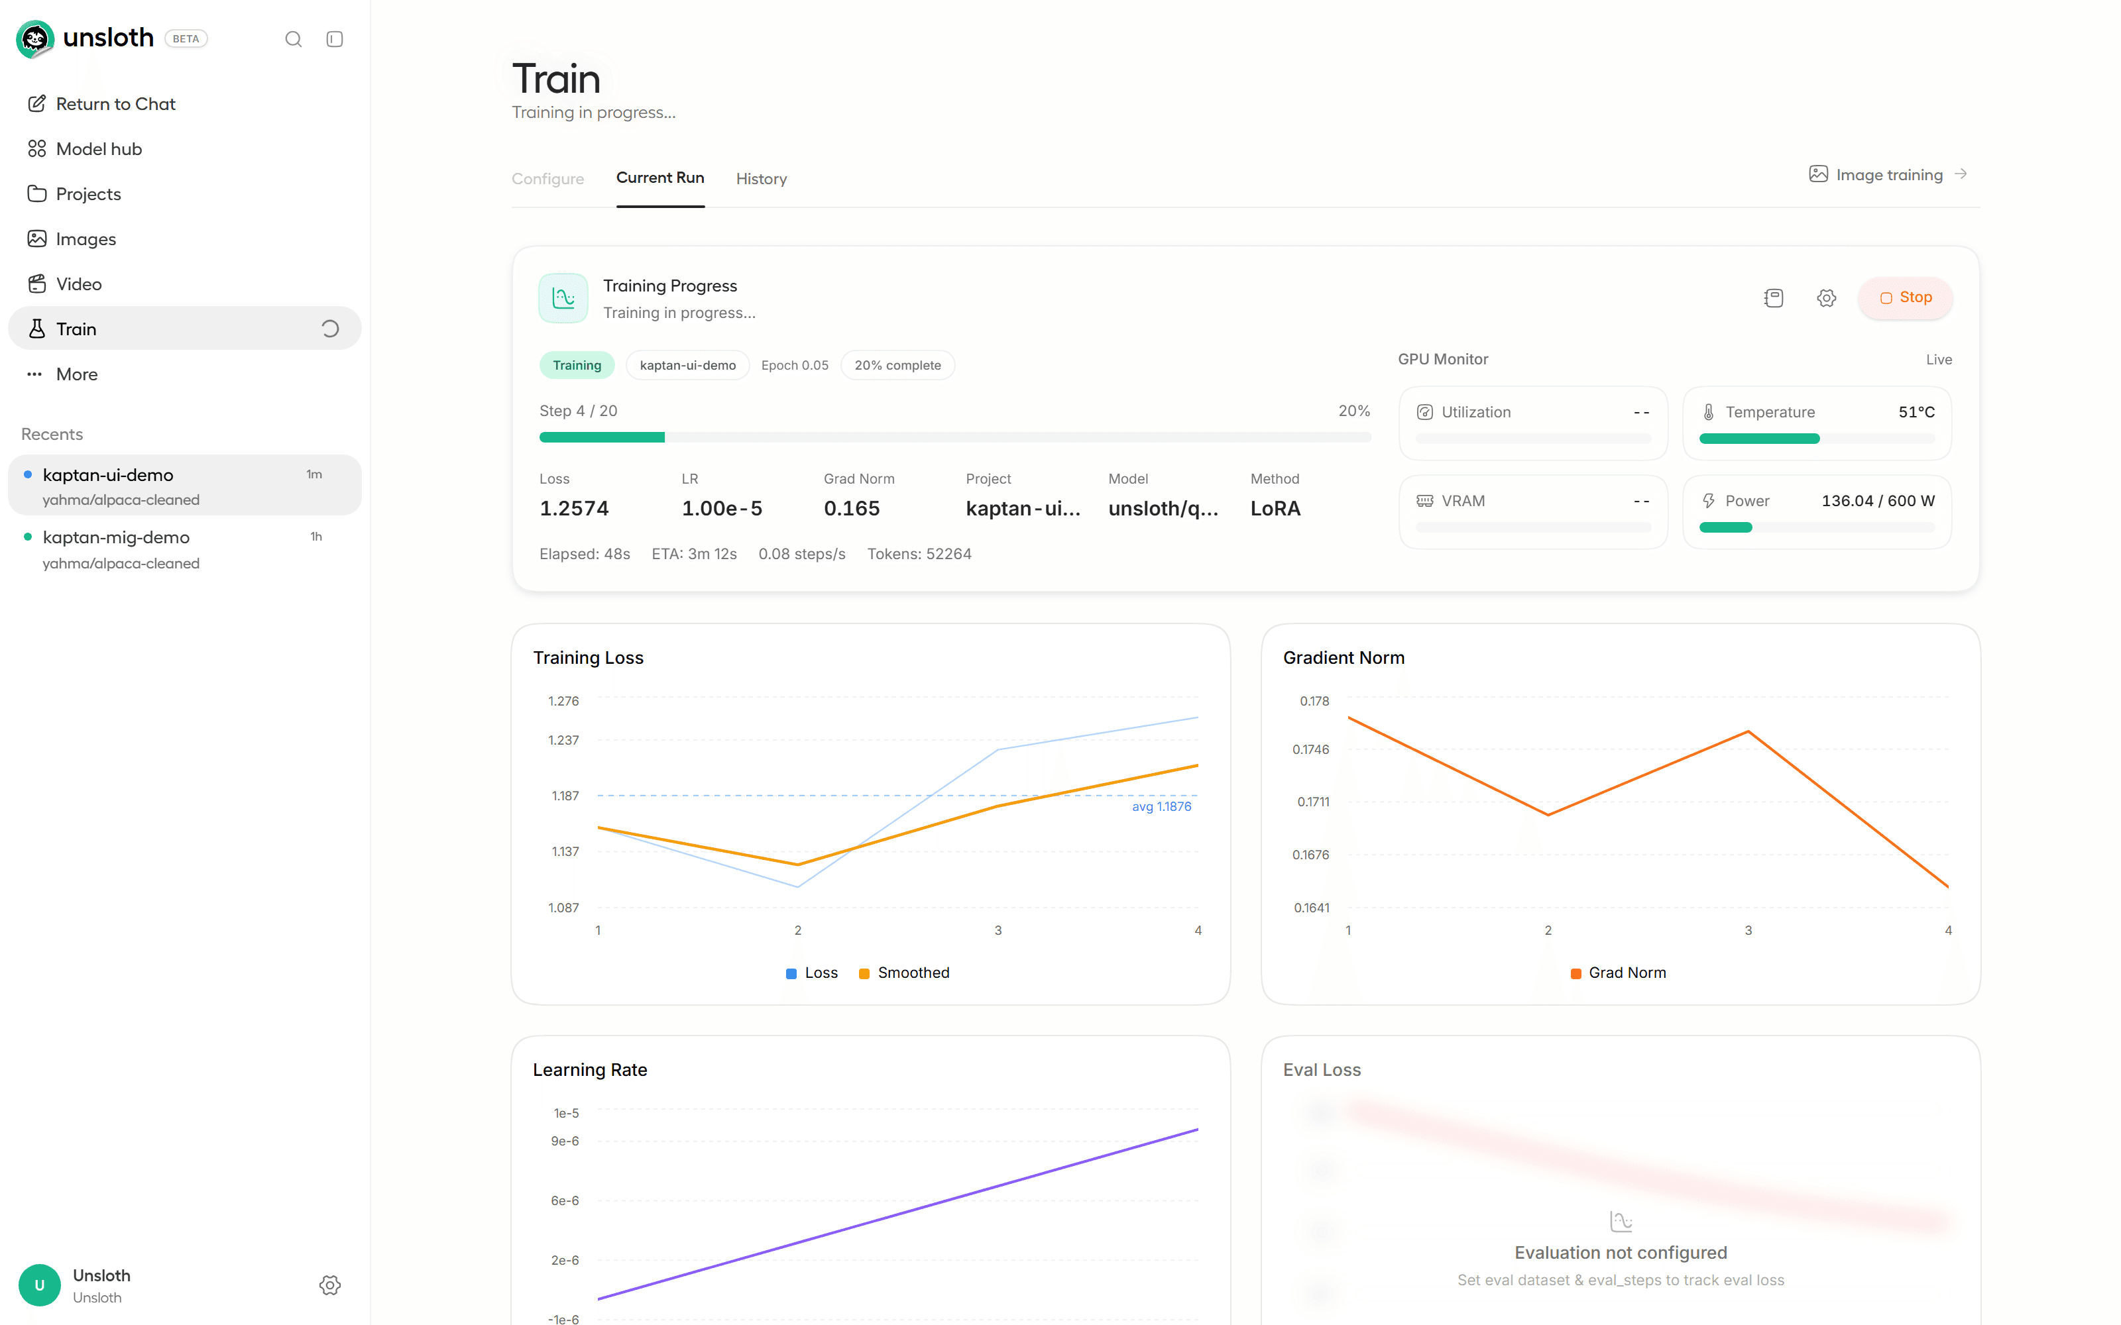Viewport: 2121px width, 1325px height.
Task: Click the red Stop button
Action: coord(1906,298)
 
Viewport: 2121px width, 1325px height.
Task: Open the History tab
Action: coord(761,179)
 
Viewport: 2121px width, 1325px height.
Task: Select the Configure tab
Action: coord(547,179)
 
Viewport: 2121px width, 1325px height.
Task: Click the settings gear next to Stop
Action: coord(1827,298)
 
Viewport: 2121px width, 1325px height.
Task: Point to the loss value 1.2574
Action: coord(574,508)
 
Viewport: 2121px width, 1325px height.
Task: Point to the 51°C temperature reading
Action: coord(1916,412)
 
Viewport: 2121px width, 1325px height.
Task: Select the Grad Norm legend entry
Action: coord(1618,973)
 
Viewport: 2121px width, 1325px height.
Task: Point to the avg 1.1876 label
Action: coord(1161,806)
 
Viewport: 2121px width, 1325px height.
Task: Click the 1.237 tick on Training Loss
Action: coord(563,741)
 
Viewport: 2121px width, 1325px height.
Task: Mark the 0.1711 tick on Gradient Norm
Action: coord(1313,802)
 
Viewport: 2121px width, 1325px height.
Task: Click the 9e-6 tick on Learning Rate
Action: coord(565,1141)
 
